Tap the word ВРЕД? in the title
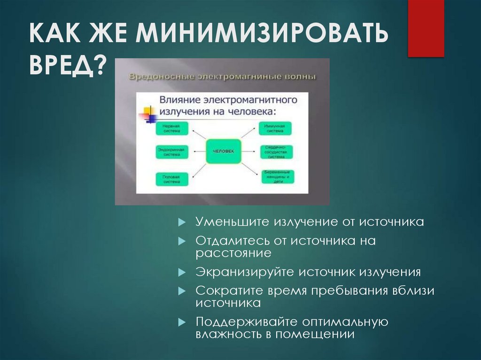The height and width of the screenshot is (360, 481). (x=69, y=65)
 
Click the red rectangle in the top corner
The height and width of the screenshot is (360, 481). (x=426, y=28)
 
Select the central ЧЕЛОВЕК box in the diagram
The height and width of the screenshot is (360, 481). (x=223, y=151)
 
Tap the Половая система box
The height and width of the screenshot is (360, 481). (x=171, y=179)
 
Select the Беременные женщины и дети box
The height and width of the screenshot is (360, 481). (x=276, y=176)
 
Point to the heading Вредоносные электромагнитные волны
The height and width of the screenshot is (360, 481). (x=222, y=77)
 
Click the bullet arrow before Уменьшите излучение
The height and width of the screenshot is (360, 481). (x=182, y=222)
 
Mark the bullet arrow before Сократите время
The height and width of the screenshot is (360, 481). (x=182, y=291)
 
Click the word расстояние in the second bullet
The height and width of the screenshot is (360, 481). (x=233, y=253)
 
